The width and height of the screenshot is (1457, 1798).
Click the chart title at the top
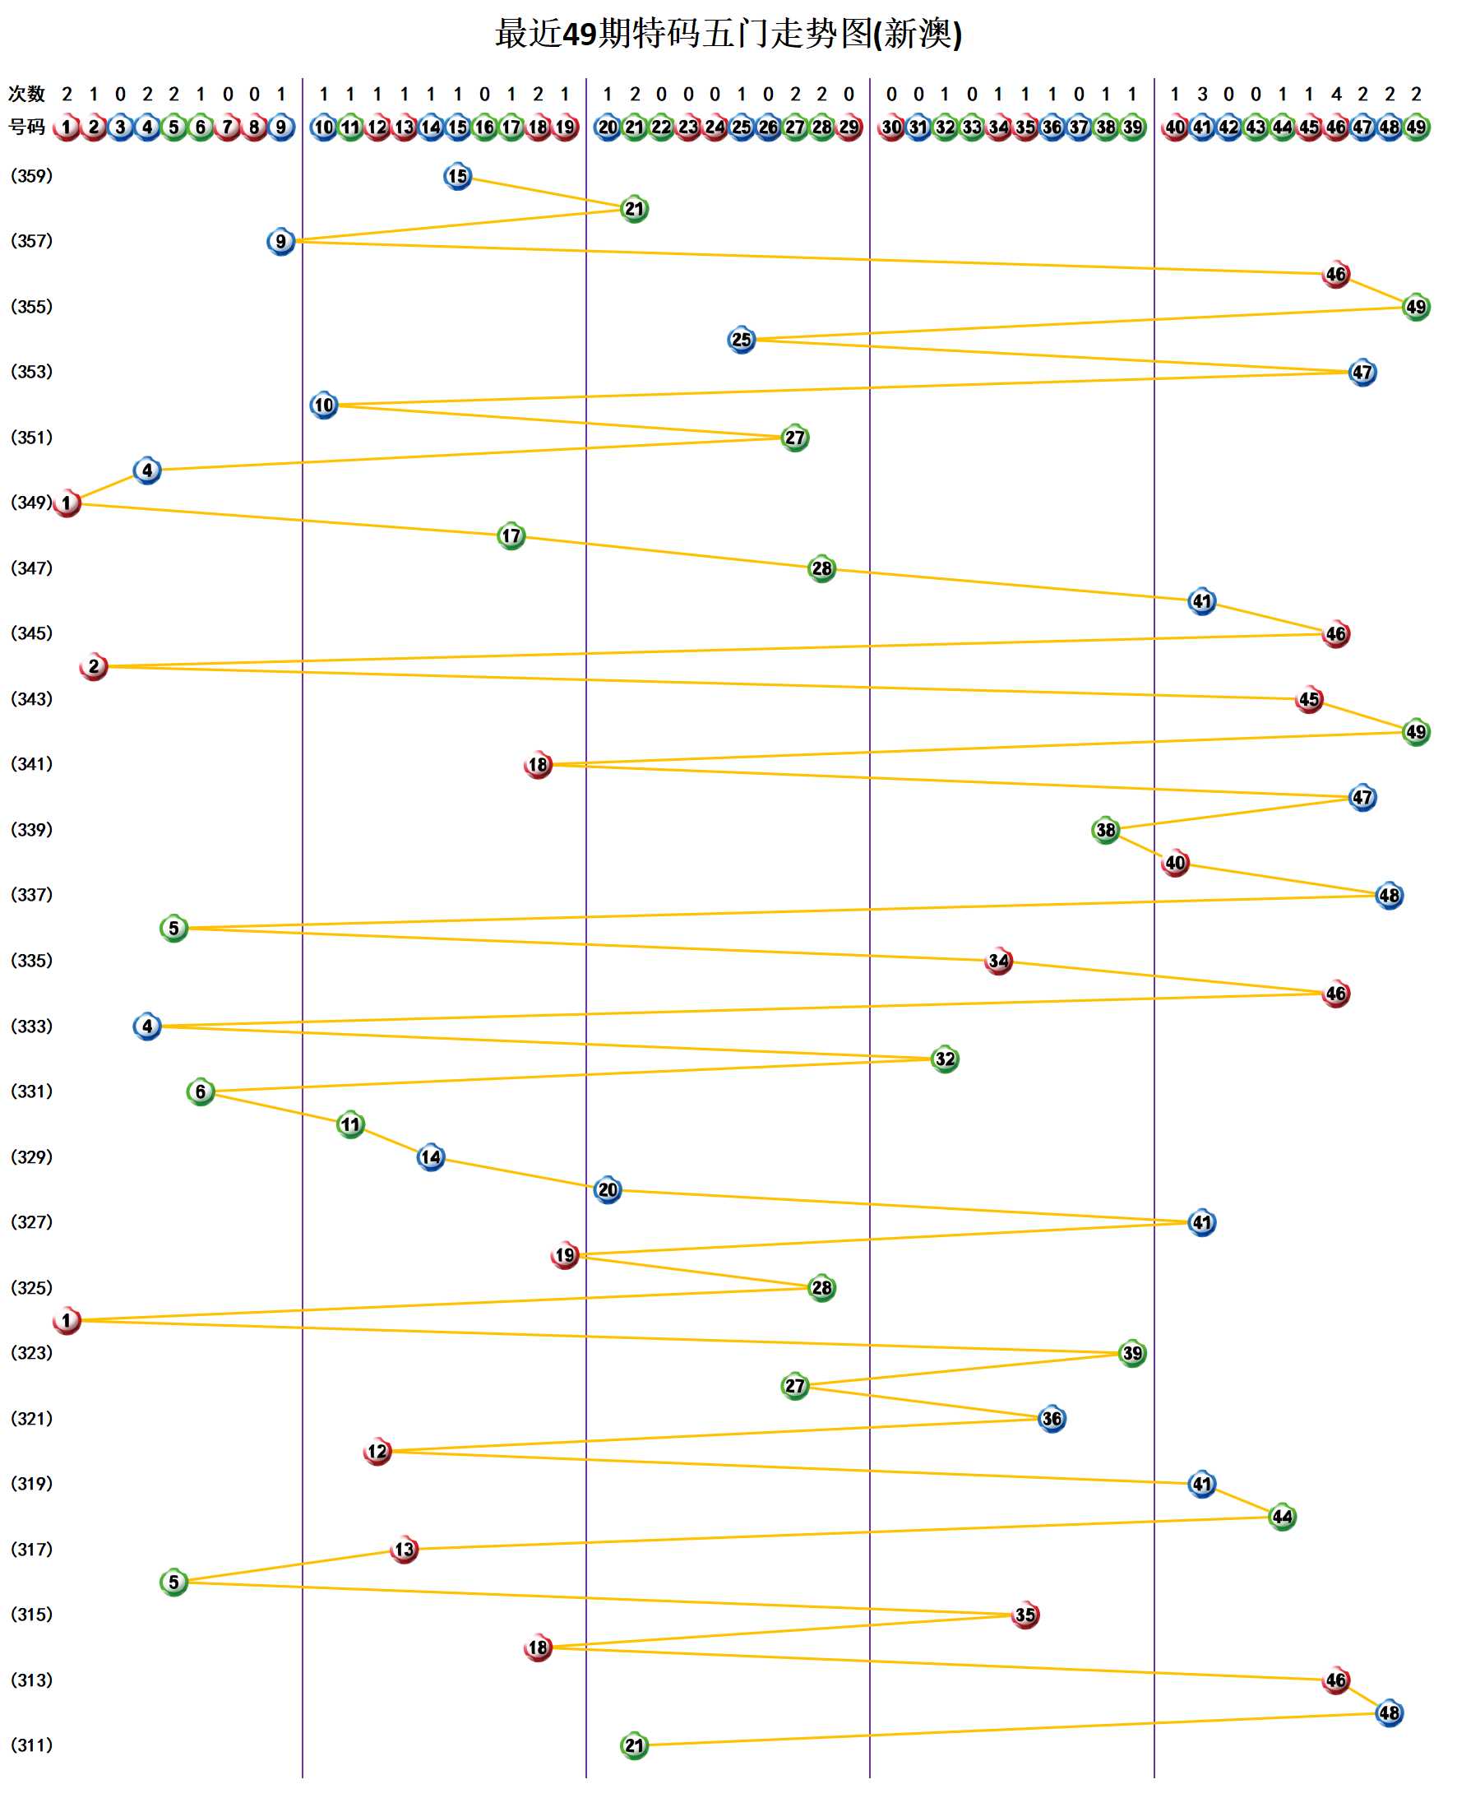[x=728, y=35]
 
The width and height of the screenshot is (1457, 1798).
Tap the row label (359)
[x=31, y=176]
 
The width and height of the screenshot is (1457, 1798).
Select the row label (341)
[x=31, y=765]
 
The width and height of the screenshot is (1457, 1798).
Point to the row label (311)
[x=31, y=1745]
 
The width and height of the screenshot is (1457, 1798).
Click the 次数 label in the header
[x=26, y=94]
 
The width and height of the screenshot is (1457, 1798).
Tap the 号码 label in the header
[x=26, y=127]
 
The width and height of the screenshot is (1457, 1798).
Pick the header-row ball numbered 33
[x=972, y=127]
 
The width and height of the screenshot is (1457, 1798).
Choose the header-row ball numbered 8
[x=254, y=127]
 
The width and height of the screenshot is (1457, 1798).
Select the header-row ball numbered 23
[x=688, y=127]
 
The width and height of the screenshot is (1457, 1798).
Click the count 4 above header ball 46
[x=1336, y=94]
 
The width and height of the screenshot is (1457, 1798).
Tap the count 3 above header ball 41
[x=1202, y=94]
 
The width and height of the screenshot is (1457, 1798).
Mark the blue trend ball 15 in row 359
[x=457, y=176]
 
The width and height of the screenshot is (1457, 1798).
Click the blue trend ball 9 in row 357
[x=281, y=242]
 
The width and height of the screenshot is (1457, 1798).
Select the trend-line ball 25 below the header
[x=741, y=340]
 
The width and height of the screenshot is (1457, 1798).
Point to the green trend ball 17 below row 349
[x=511, y=536]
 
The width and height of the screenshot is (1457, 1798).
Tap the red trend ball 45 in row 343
[x=1309, y=699]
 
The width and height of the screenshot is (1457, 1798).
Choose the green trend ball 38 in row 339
[x=1106, y=830]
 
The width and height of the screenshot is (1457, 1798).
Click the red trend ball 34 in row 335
[x=999, y=962]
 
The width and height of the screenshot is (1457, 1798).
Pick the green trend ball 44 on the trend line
[x=1283, y=1517]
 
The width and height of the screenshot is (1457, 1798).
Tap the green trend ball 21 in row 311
[x=635, y=1746]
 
